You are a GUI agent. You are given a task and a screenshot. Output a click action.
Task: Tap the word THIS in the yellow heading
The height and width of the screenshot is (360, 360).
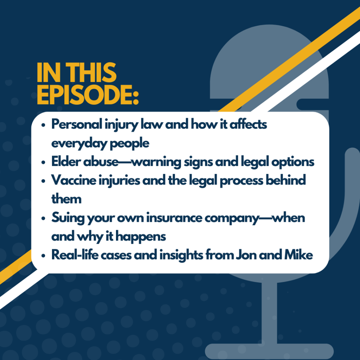click(91, 72)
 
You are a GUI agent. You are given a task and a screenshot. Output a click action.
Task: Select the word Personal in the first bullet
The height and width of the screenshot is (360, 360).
click(77, 124)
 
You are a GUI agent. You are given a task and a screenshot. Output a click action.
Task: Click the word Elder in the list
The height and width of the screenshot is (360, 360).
click(66, 161)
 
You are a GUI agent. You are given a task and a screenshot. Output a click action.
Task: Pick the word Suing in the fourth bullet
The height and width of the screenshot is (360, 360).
click(68, 218)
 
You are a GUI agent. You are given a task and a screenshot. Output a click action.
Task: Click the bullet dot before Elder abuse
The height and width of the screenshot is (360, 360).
click(43, 162)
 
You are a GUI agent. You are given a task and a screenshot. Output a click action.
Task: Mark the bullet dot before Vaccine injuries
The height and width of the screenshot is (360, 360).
click(43, 181)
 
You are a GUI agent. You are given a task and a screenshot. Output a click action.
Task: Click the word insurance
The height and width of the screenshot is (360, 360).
click(174, 218)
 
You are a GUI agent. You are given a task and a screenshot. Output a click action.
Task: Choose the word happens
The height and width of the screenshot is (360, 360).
click(141, 237)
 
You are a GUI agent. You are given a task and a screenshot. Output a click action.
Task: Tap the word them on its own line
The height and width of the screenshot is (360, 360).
click(66, 199)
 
